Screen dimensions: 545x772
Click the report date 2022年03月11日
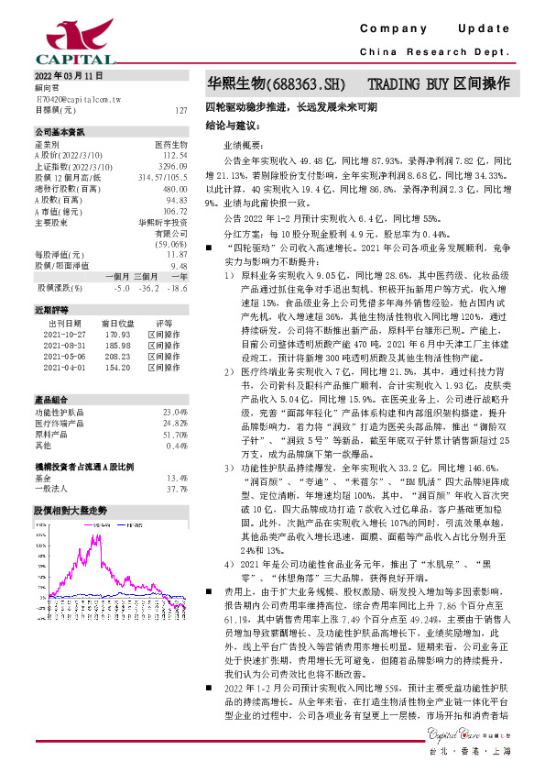tap(70, 76)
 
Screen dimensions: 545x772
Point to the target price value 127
tap(180, 110)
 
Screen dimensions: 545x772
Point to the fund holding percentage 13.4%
tap(176, 478)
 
